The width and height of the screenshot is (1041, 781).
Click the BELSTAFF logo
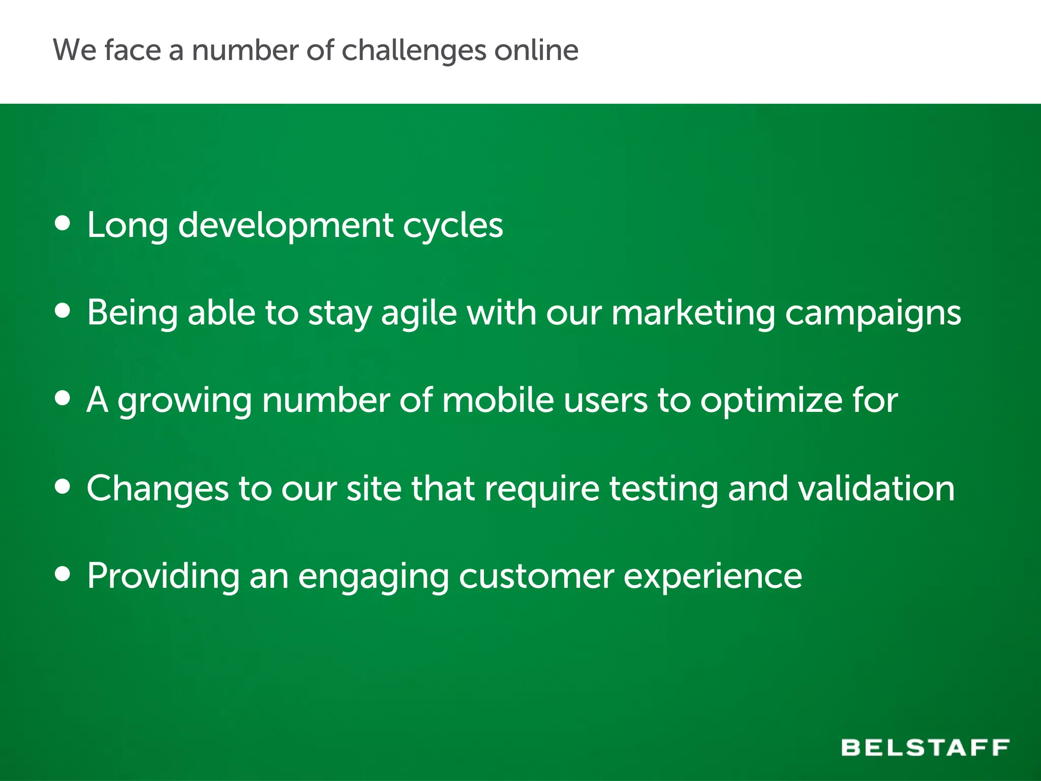point(925,747)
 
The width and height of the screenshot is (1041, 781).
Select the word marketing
point(693,313)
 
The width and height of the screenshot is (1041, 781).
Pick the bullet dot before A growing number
point(63,398)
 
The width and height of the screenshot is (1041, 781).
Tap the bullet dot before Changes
point(63,487)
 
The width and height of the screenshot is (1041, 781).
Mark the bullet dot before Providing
point(63,574)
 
